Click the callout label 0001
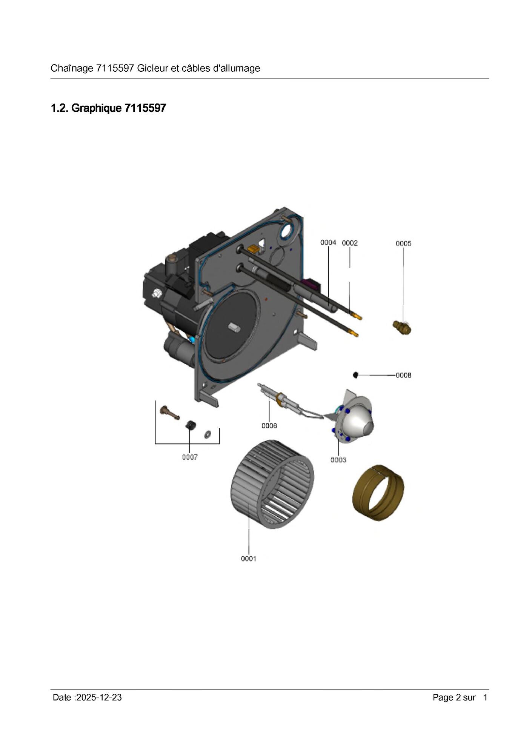click(249, 559)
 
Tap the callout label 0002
click(350, 243)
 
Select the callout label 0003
click(338, 460)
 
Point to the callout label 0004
click(328, 243)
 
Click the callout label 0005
click(403, 243)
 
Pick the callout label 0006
click(269, 426)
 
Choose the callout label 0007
click(190, 457)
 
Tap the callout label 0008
click(403, 375)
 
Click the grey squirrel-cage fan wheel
click(272, 484)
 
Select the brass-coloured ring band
click(378, 493)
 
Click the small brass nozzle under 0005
click(402, 327)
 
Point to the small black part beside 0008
click(355, 374)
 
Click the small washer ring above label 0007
click(207, 434)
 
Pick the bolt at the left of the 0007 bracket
click(169, 413)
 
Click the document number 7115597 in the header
click(115, 68)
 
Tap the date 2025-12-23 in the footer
click(99, 697)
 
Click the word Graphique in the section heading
click(96, 108)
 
